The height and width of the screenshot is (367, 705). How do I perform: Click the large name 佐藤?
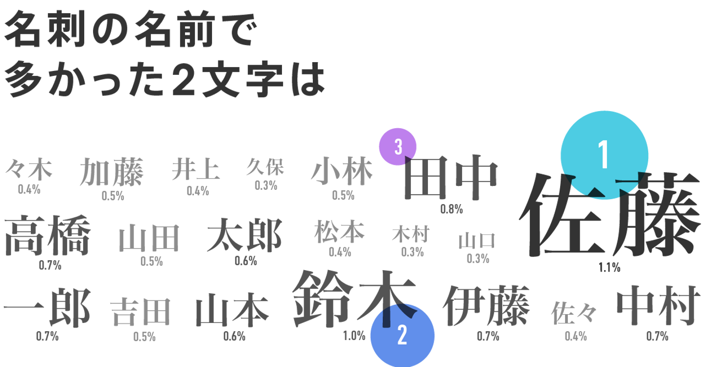(x=610, y=215)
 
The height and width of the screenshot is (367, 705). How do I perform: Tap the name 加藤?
(x=112, y=172)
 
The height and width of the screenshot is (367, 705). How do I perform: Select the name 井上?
(x=195, y=170)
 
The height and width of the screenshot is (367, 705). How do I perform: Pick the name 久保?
(x=265, y=167)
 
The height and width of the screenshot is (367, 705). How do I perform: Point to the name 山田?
(x=149, y=238)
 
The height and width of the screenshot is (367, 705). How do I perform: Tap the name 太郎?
(x=244, y=235)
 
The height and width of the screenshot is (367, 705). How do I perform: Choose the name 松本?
(x=339, y=231)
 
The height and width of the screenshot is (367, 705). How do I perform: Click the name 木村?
(x=410, y=236)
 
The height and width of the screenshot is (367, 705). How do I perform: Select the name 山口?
(x=477, y=241)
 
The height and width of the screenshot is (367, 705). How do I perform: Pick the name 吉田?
(x=141, y=312)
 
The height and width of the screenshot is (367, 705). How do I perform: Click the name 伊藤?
(x=486, y=306)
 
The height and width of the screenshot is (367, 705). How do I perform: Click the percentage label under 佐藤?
(x=610, y=267)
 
